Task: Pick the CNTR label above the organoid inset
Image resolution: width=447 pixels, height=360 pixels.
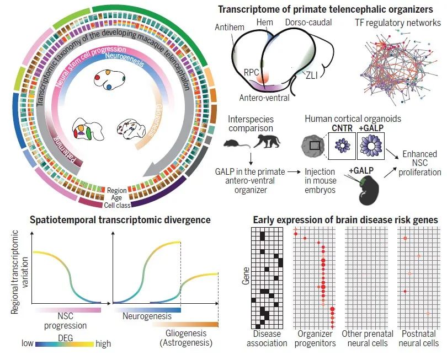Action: click(341, 130)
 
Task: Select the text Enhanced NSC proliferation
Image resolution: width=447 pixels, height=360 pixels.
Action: click(421, 164)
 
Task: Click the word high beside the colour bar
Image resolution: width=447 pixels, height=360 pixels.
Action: click(103, 344)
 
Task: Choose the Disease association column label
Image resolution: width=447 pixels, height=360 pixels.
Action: click(267, 338)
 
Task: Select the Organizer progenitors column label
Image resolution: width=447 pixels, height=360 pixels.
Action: click(316, 338)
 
